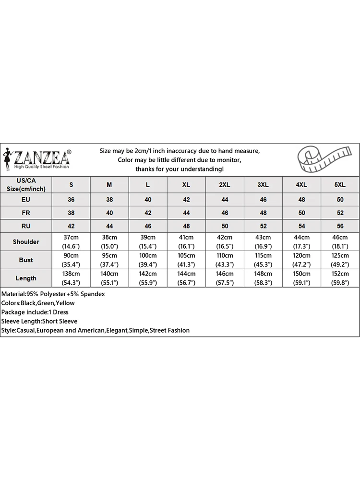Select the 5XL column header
click(340, 185)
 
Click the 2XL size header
click(225, 185)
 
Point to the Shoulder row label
click(26, 242)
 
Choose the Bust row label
click(26, 260)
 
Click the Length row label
click(26, 278)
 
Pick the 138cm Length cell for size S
click(71, 278)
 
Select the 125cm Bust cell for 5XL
click(340, 260)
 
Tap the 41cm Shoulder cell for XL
click(186, 242)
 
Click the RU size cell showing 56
click(340, 226)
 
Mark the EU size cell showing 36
click(71, 199)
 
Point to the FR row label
click(26, 213)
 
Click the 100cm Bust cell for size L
click(148, 260)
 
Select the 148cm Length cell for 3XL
click(263, 278)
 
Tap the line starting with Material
click(53, 294)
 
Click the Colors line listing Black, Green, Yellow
click(38, 303)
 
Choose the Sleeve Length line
click(39, 321)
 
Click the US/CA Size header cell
click(26, 185)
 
